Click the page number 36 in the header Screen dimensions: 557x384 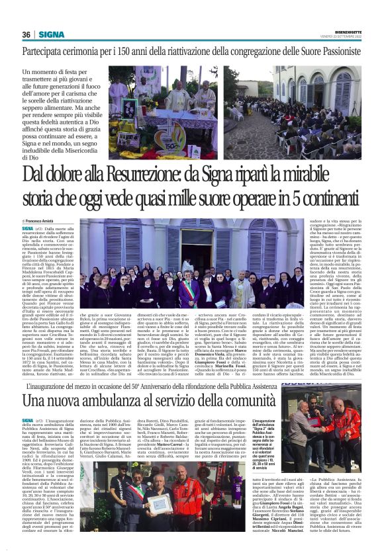click(x=27, y=34)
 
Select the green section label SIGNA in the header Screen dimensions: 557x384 click(x=51, y=34)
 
